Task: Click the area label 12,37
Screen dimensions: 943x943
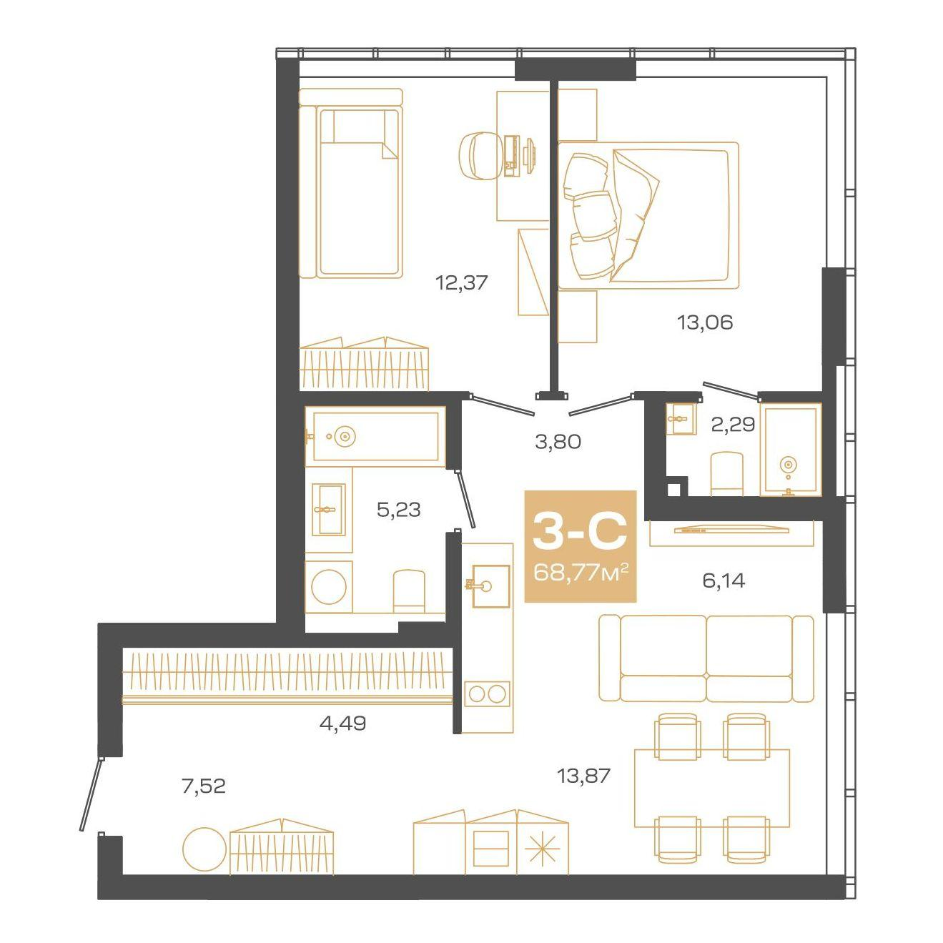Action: [x=462, y=282]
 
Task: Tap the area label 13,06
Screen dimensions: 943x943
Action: [x=705, y=322]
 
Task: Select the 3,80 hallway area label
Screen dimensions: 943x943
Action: [x=558, y=442]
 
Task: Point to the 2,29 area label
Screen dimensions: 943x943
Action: [x=732, y=424]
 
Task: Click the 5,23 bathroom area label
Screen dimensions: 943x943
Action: [x=399, y=510]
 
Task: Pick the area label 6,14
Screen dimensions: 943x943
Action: [x=724, y=581]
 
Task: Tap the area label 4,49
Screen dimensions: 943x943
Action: [x=342, y=723]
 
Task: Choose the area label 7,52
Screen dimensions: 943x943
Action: [x=204, y=786]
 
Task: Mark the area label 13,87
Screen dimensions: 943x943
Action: [x=583, y=776]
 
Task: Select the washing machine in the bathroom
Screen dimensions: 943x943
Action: [x=329, y=586]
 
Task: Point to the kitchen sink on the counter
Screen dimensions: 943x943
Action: [x=491, y=586]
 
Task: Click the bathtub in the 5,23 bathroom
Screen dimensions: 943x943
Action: [x=375, y=435]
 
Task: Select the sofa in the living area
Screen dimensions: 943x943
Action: [x=706, y=658]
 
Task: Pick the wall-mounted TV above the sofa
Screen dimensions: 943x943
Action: [x=731, y=530]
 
